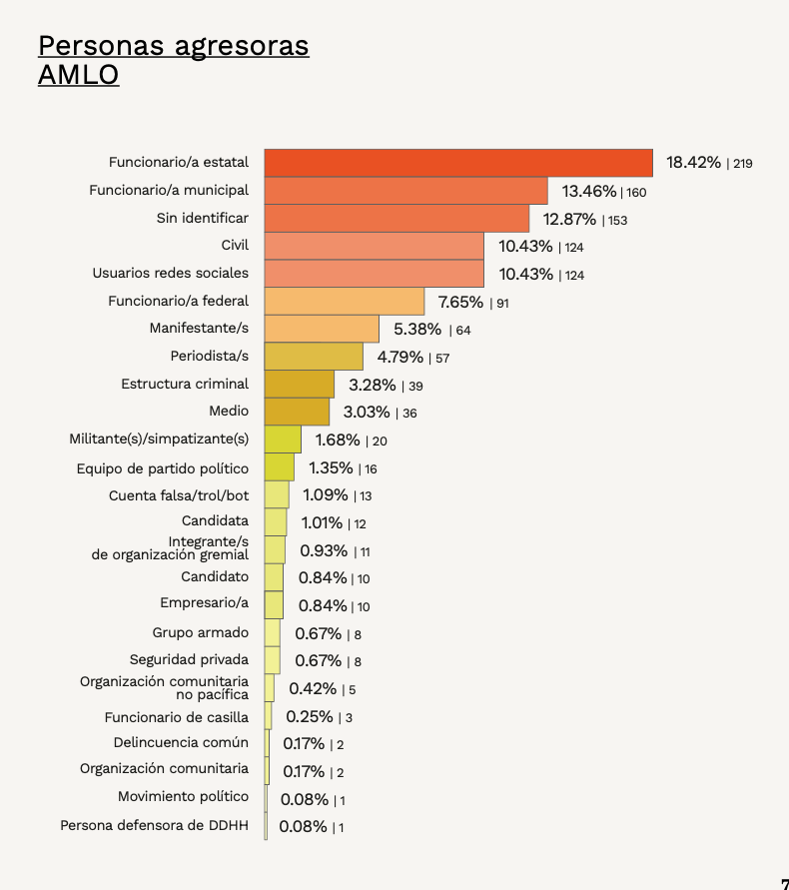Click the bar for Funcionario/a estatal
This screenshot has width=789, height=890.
[x=458, y=163]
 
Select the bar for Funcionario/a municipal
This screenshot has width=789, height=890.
[x=405, y=191]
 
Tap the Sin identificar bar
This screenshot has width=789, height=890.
[x=396, y=219]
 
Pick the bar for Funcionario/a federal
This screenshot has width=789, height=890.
[x=345, y=302]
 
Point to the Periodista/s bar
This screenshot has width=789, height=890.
[x=314, y=357]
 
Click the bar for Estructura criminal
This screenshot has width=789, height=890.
[x=300, y=385]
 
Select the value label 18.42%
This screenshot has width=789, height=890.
[x=693, y=163]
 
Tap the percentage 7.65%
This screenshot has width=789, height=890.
[x=460, y=302]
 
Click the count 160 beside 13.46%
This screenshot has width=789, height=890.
[x=636, y=192]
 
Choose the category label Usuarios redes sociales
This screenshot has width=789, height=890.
[x=171, y=273]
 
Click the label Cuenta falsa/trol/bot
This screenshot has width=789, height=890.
[x=179, y=494]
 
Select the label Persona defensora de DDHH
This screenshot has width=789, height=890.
[x=155, y=825]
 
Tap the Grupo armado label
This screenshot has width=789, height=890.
[x=201, y=632]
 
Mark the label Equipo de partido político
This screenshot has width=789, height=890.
[x=163, y=467]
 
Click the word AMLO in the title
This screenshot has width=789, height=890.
[x=78, y=75]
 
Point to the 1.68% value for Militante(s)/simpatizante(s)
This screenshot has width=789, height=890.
[x=338, y=440]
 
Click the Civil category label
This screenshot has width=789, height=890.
[x=235, y=245]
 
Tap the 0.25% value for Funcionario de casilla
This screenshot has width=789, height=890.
[x=310, y=716]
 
